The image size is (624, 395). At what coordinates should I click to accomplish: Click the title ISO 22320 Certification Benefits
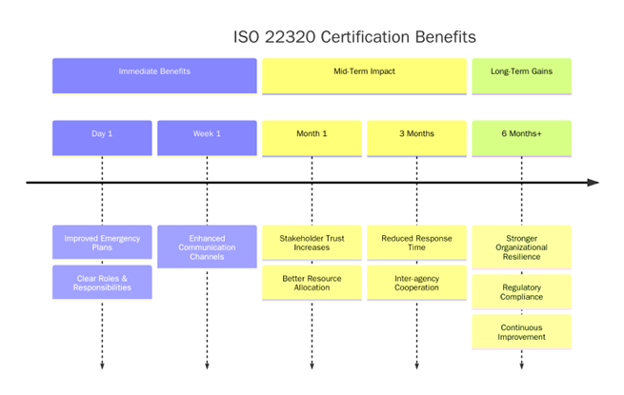(354, 36)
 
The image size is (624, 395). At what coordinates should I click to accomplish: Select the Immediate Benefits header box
(154, 75)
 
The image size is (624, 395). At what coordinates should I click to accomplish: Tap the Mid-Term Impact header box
(364, 75)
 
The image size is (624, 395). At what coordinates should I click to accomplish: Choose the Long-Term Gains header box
(521, 75)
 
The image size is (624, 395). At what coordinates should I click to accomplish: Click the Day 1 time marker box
(102, 137)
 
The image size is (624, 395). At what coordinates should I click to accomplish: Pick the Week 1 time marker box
(207, 137)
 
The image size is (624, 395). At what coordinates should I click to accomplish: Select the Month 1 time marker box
(312, 137)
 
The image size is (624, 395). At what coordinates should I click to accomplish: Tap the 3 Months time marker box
(416, 137)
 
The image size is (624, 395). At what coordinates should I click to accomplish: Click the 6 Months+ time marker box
(521, 137)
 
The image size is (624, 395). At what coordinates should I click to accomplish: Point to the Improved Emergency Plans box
(102, 242)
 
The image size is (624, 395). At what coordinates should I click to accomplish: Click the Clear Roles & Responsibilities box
(102, 282)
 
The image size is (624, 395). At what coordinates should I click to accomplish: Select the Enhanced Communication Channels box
(207, 246)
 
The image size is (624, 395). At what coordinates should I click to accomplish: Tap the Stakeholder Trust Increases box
(312, 242)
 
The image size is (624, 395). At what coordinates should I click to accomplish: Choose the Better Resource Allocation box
(312, 282)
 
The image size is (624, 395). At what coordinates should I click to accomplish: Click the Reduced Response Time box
(416, 242)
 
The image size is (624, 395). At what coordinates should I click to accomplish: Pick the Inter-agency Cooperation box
(416, 282)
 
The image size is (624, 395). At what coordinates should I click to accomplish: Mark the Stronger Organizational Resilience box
(521, 246)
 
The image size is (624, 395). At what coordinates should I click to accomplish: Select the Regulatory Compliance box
(521, 291)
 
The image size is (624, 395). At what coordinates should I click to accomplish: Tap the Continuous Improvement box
(521, 331)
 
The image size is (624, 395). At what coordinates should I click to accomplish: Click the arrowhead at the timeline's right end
(594, 182)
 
